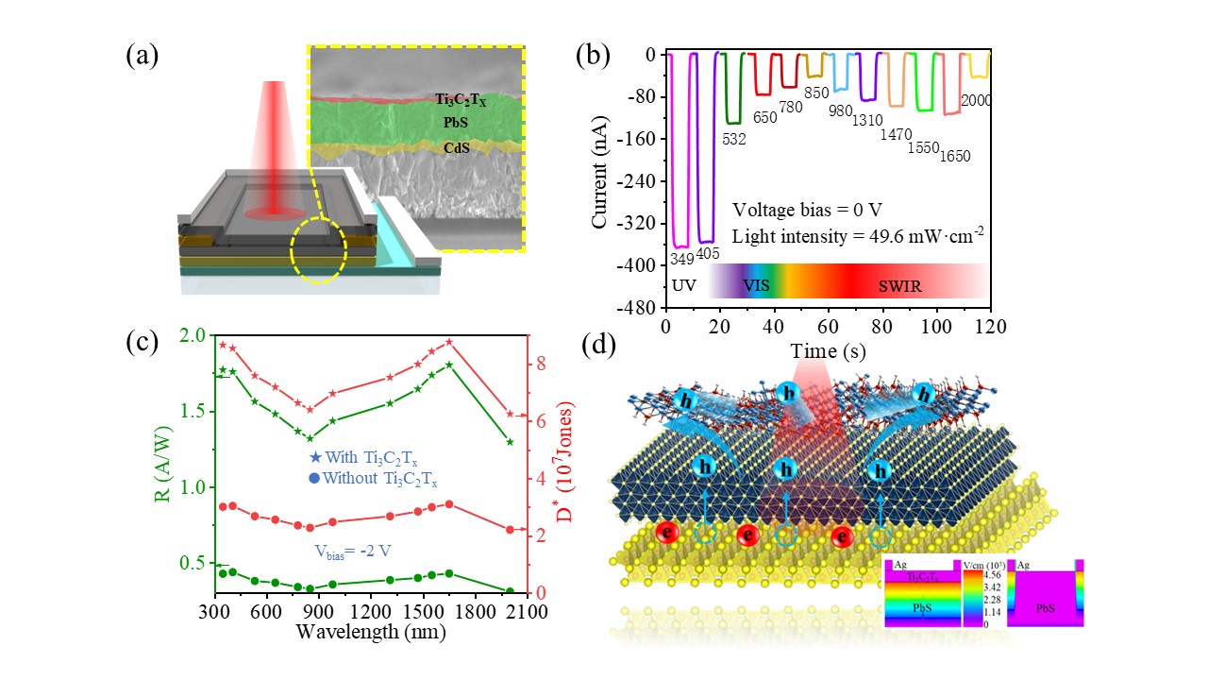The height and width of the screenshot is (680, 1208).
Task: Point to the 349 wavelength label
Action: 680,257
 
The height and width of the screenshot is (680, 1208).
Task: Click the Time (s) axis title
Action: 827,350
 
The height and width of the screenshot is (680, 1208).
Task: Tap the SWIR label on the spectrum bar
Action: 902,284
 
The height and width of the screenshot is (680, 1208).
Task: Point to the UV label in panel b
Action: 683,284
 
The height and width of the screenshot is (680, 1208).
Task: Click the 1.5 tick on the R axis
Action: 193,411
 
